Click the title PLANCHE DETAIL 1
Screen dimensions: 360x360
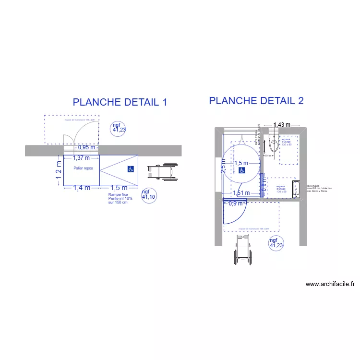(x=120, y=102)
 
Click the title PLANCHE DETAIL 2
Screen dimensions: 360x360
(x=256, y=101)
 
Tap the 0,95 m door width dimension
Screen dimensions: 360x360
(x=86, y=148)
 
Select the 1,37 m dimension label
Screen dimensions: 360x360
(x=82, y=157)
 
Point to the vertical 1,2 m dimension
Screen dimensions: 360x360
(x=59, y=173)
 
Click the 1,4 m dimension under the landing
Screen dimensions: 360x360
(x=82, y=188)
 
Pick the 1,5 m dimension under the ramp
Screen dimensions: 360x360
(x=119, y=188)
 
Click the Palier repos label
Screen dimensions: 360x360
(x=82, y=168)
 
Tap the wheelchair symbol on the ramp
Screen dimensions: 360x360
(x=131, y=169)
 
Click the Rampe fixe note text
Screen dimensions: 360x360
(x=119, y=198)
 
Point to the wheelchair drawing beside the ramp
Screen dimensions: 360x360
(x=162, y=171)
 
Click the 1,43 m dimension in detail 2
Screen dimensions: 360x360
(x=282, y=125)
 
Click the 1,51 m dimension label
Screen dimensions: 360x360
(x=241, y=193)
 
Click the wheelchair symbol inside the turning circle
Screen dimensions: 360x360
(x=242, y=170)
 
